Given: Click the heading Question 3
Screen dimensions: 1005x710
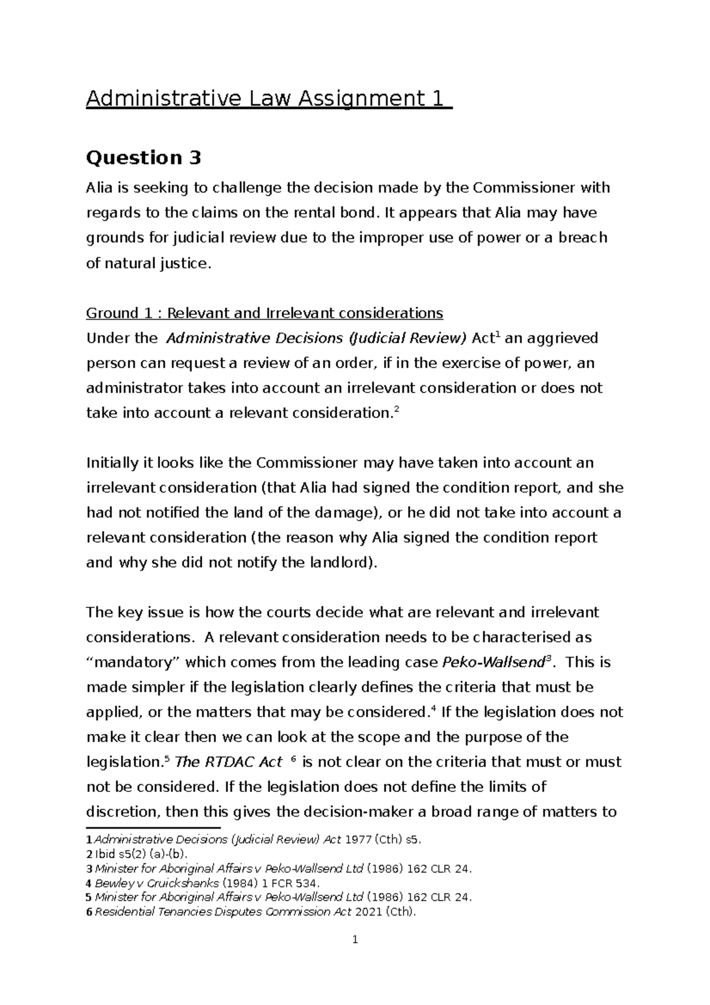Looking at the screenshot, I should pos(144,158).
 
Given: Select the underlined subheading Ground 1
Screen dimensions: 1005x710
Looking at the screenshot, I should pos(264,313).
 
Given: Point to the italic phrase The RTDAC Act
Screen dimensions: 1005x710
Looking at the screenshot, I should pos(228,762).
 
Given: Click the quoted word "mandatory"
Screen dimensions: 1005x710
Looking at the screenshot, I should pos(133,662).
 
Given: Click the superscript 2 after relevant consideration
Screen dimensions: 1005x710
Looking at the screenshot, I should pos(396,410).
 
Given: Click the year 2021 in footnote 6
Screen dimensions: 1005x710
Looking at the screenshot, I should pos(369,911).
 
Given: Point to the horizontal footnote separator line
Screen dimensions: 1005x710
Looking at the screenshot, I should pos(153,828).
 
